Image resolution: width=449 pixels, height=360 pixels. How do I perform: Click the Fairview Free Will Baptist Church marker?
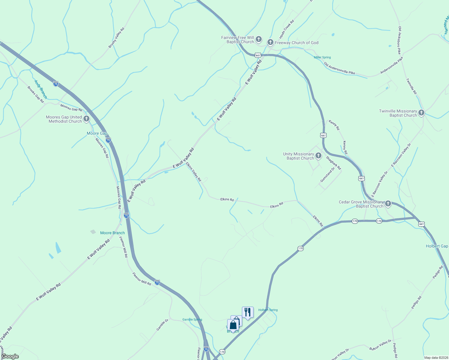[259, 40]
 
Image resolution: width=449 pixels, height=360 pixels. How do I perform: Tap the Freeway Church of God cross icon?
[270, 43]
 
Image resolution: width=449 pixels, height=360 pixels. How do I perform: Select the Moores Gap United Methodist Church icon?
[86, 119]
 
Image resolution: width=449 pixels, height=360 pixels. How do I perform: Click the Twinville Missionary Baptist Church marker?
[421, 113]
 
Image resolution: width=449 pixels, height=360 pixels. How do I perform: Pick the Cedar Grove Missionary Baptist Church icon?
[388, 204]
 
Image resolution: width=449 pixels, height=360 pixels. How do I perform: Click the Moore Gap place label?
[97, 133]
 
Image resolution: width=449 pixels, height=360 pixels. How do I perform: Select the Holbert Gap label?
[437, 246]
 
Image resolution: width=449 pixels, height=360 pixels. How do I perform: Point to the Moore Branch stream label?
[112, 233]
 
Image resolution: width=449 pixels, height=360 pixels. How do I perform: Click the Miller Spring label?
[322, 57]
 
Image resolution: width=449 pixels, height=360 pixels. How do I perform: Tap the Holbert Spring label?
[268, 310]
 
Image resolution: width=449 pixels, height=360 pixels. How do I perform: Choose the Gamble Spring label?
[192, 319]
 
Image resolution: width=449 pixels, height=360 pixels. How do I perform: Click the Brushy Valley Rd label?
[116, 38]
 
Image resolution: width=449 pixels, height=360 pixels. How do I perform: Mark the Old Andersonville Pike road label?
[339, 68]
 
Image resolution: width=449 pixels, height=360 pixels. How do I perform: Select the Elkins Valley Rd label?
[193, 172]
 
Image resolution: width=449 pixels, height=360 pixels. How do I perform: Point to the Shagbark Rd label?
[333, 163]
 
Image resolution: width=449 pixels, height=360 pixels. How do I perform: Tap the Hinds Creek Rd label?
[287, 29]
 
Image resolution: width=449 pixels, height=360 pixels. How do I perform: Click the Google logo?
[10, 356]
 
